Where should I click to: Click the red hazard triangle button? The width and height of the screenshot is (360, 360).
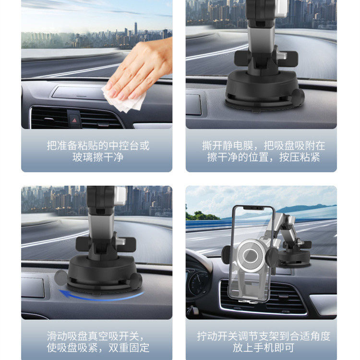[x=74, y=120]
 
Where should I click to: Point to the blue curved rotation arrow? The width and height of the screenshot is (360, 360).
[x=101, y=296]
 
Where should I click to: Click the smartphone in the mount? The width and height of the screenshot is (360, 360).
[x=252, y=254]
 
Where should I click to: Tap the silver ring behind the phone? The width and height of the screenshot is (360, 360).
[x=251, y=255]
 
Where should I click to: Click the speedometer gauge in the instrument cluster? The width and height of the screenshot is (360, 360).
[x=198, y=284]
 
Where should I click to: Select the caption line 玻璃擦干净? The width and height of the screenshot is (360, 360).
[x=98, y=157]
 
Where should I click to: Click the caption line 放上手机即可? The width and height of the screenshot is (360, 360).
[x=264, y=348]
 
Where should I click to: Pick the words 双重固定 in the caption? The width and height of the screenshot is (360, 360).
[x=129, y=348]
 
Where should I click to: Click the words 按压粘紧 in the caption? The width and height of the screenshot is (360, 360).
[x=300, y=157]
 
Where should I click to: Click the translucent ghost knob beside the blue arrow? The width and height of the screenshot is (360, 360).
[x=61, y=278]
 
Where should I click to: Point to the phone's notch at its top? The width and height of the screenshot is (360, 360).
[x=253, y=208]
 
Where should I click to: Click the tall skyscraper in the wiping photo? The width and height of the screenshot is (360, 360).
[x=136, y=29]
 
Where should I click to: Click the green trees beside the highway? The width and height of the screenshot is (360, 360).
[x=201, y=216]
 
